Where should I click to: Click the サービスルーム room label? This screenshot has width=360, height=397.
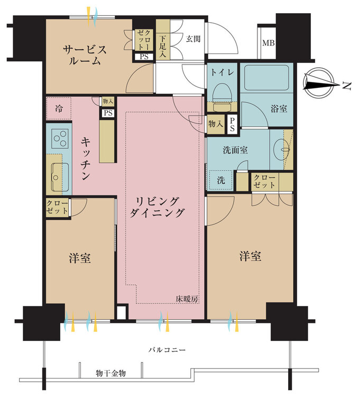(85, 55)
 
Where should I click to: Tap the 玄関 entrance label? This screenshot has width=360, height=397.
(193, 39)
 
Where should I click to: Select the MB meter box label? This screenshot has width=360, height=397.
(268, 43)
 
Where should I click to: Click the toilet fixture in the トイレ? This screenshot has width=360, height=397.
(222, 97)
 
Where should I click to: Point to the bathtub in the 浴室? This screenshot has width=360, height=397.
(266, 77)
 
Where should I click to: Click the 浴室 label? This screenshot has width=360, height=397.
(279, 109)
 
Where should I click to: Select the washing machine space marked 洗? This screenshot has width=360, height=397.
(220, 181)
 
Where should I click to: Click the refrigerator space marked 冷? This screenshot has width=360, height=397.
(59, 109)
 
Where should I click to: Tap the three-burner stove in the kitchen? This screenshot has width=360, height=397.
(60, 138)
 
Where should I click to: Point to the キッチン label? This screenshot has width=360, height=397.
(86, 158)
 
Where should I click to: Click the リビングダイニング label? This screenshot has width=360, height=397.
(157, 207)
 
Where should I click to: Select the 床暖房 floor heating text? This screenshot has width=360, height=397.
(187, 299)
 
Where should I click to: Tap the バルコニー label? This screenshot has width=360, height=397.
(167, 350)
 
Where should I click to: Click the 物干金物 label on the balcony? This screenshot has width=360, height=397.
(110, 373)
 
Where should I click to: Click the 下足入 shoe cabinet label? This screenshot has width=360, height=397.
(163, 47)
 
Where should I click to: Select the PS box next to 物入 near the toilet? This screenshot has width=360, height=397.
(232, 124)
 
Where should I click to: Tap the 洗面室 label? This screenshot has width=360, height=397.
(235, 150)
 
